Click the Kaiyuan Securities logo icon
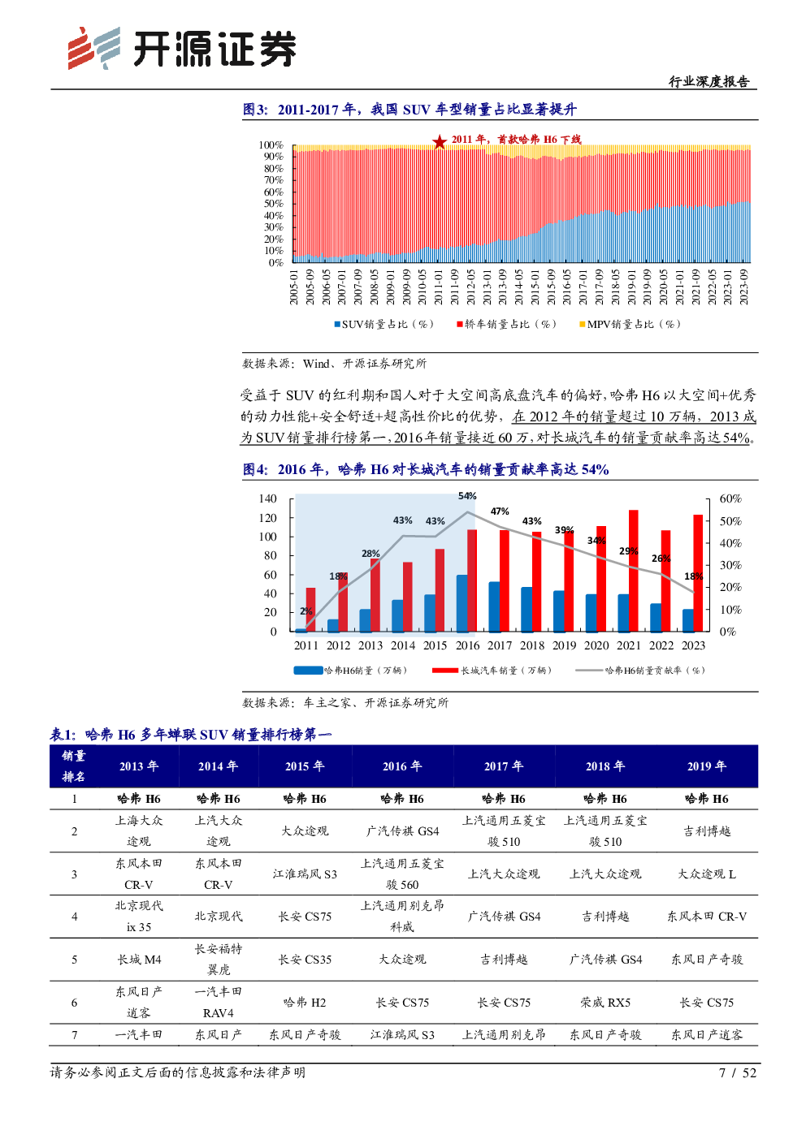[94, 49]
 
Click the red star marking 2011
[440, 142]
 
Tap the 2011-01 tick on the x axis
[439, 287]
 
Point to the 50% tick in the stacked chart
[273, 204]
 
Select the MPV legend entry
[630, 325]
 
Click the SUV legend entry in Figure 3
[384, 325]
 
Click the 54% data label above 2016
[467, 496]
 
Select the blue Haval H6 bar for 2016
[462, 603]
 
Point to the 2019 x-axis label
[565, 645]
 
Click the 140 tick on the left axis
[267, 498]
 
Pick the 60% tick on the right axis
[730, 498]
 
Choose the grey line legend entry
[640, 671]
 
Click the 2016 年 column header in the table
[402, 766]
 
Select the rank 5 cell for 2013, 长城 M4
[139, 960]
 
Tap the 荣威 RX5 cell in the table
[605, 1003]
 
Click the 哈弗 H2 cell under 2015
[305, 1003]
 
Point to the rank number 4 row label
[74, 917]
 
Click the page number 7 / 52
[737, 1072]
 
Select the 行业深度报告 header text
[708, 81]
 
